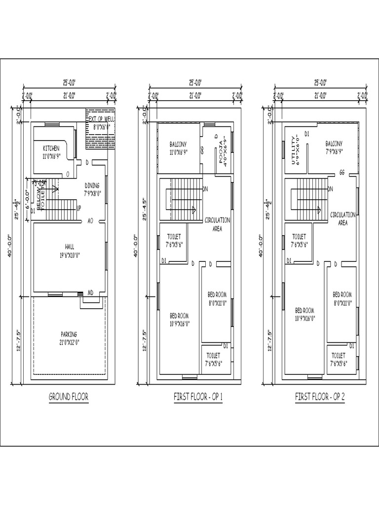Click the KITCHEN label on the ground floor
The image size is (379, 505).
pos(51,148)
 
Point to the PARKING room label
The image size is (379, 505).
pos(69,334)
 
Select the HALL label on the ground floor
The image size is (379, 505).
pos(69,246)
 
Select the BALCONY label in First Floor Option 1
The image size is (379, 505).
pos(178,144)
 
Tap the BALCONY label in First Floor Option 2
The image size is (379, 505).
pos(334,144)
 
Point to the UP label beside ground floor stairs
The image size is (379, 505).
pos(78,209)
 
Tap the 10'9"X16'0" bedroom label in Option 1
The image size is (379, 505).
pos(180,324)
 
